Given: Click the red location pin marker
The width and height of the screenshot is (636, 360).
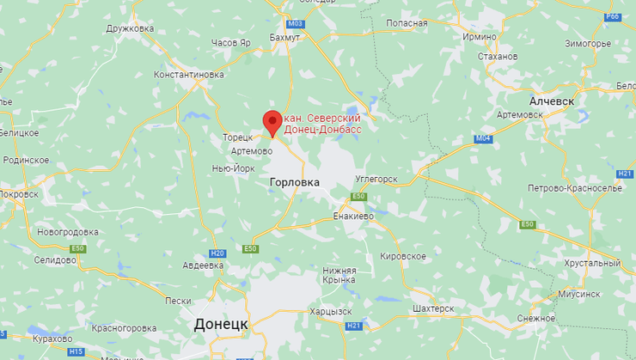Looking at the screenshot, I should (x=272, y=122).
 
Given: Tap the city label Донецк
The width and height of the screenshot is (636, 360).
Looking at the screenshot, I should (x=220, y=324).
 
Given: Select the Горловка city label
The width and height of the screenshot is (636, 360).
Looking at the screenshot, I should (x=294, y=182).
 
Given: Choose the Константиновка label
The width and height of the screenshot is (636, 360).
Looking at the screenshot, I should (x=188, y=75).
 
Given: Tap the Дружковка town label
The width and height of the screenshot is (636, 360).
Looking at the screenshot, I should (x=130, y=28).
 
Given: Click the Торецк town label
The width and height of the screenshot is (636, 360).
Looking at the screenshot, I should (x=237, y=137).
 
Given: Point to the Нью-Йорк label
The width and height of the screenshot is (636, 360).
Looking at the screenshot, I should (x=233, y=168).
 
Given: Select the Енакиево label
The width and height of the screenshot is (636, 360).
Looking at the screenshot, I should (x=353, y=216).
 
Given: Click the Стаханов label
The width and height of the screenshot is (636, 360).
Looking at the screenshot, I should (x=496, y=57).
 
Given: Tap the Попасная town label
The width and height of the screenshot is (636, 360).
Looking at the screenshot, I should (x=407, y=22).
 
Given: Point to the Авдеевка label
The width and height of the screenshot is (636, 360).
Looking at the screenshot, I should (x=192, y=265).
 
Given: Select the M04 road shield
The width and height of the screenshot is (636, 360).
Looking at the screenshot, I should (x=483, y=138).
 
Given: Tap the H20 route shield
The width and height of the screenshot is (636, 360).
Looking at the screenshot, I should (x=217, y=253).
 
